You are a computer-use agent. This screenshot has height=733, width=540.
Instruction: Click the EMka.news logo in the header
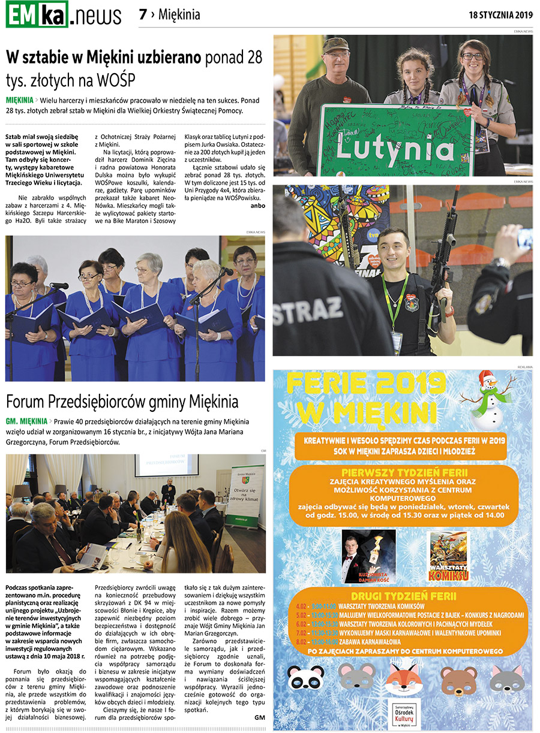coord(64,15)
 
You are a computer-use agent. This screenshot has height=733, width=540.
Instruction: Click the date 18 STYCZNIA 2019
coord(500,15)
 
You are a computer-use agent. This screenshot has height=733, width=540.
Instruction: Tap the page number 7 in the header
coord(143,15)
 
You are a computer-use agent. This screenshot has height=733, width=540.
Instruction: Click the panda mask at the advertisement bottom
coord(306,678)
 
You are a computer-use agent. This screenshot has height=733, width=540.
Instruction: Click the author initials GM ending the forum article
coord(259,717)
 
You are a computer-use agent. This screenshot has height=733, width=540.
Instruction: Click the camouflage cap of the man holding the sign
coord(335,45)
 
